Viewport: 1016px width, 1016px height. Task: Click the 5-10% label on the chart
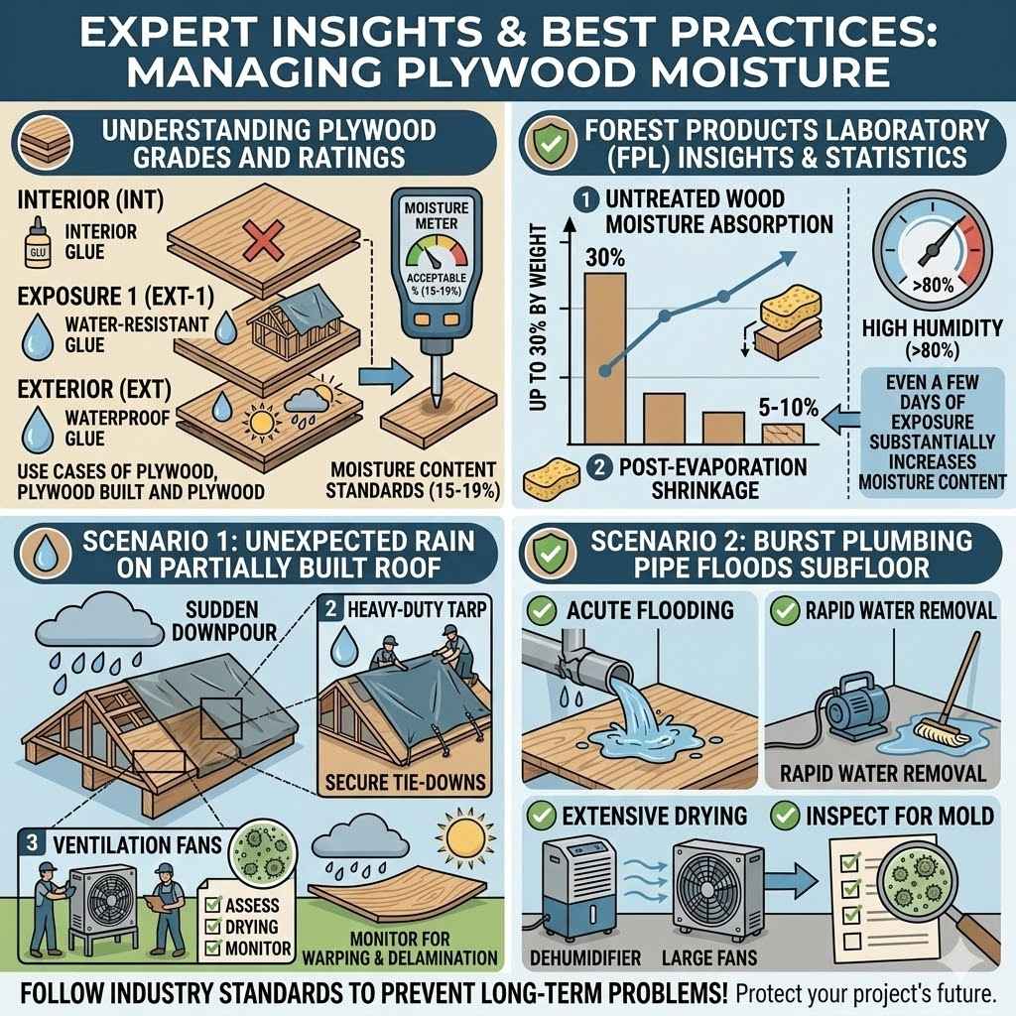(x=782, y=408)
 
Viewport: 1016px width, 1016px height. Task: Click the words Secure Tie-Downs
(x=406, y=781)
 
